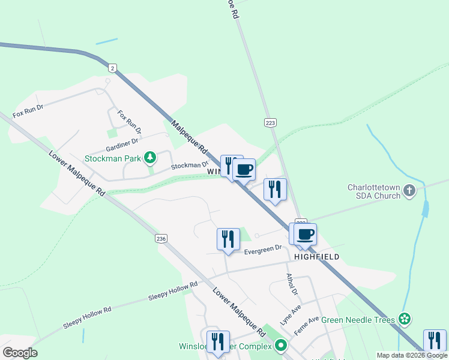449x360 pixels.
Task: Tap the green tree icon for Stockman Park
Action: [x=150, y=158]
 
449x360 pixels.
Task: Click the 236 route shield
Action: [x=161, y=239]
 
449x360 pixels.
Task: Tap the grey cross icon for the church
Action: [x=409, y=191]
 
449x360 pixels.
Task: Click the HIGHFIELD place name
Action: [x=316, y=257]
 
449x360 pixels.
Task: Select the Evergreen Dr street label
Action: [x=262, y=248]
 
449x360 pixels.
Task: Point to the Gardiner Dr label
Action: [x=122, y=145]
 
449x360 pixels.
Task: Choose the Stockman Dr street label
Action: [x=189, y=164]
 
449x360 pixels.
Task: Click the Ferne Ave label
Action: [x=306, y=323]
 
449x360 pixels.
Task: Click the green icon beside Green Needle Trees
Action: [x=405, y=319]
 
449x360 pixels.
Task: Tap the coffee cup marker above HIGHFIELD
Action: [x=305, y=234]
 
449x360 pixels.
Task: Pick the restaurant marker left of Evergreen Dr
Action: [x=228, y=239]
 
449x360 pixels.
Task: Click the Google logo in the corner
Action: [x=20, y=353]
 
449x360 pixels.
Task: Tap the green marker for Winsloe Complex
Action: [x=280, y=346]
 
